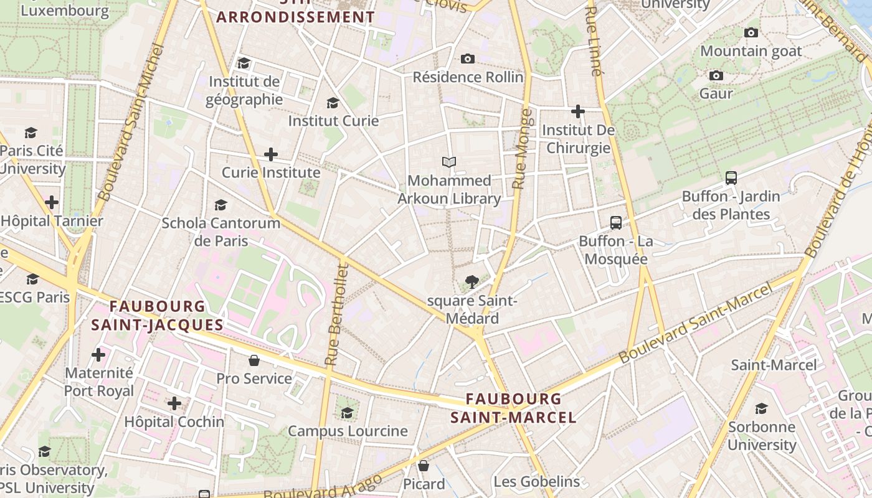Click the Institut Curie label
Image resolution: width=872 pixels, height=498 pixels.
[x=333, y=121]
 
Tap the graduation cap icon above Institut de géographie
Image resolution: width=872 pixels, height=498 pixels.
[x=244, y=63]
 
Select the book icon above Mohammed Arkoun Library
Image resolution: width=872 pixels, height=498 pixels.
[x=449, y=162]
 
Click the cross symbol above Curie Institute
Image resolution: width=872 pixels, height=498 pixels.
[x=271, y=154]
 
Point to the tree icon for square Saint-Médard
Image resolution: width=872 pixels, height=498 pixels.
[x=472, y=282]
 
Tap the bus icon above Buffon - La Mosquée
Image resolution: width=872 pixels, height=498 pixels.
[x=616, y=222]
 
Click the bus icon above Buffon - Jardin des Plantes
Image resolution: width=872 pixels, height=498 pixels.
[x=731, y=177]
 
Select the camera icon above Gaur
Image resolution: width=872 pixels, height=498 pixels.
[x=716, y=75]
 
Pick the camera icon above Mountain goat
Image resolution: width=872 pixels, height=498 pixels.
[x=751, y=32]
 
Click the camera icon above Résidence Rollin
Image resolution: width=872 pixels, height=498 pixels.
[x=468, y=59]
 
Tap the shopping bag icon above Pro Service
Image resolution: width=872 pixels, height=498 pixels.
[x=254, y=360]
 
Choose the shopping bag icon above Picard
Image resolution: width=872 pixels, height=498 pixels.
[x=424, y=465]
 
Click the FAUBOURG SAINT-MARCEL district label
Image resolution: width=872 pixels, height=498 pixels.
[x=513, y=408]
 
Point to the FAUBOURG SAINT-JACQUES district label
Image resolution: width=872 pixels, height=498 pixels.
[x=157, y=316]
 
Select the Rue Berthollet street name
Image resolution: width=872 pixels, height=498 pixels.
[x=336, y=314]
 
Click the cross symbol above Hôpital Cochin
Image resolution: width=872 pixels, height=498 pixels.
[x=174, y=403]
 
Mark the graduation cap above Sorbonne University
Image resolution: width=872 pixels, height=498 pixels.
[x=761, y=408]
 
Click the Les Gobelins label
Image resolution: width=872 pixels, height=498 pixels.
[x=536, y=481]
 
